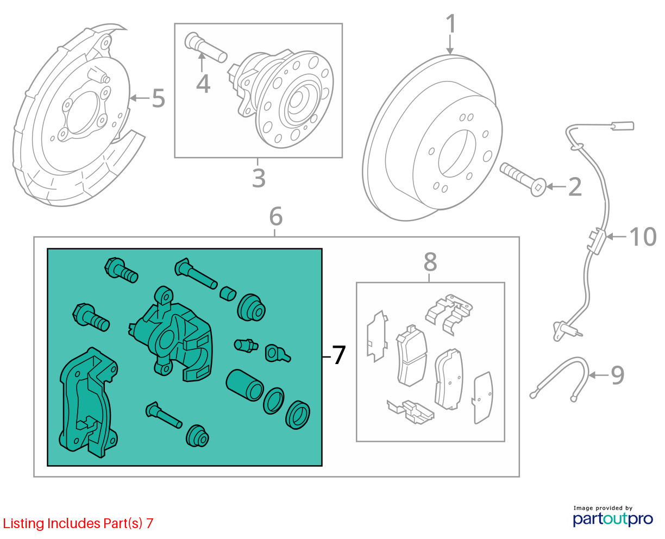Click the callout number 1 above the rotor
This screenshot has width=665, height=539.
451,23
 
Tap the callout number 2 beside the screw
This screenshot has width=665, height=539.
575,187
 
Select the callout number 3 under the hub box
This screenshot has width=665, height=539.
259,178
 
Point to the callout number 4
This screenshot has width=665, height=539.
203,84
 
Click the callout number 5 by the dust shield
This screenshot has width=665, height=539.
158,98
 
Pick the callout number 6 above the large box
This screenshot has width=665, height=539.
276,216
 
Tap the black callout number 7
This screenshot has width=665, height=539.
338,355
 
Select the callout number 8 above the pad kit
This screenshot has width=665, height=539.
430,262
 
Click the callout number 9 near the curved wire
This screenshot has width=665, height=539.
618,375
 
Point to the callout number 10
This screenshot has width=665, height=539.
643,237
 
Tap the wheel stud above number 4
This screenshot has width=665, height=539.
206,47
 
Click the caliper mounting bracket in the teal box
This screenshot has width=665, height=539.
89,402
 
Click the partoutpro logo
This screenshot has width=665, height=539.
613,519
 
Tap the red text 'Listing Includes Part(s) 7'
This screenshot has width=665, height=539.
78,523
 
